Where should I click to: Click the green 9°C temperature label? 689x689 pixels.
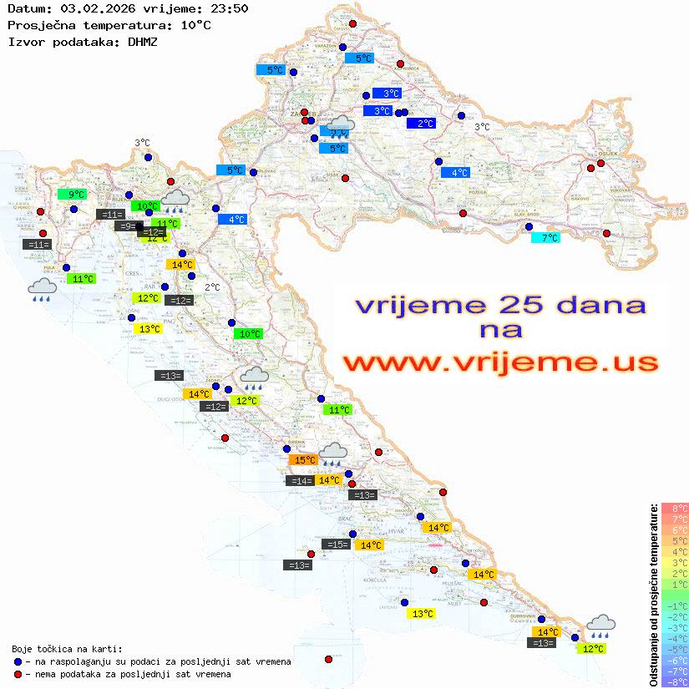click(72, 195)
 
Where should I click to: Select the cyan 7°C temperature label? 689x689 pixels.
click(546, 238)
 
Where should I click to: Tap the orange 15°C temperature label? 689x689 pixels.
click(303, 459)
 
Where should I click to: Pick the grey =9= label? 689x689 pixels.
click(126, 226)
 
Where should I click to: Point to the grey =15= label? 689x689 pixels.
click(336, 545)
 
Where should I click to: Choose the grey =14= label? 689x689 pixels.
click(300, 481)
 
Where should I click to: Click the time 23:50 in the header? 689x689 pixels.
click(229, 8)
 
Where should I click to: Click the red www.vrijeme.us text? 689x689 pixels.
click(500, 362)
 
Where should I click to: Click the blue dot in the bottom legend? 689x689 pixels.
click(18, 661)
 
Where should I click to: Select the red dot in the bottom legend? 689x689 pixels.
click(18, 674)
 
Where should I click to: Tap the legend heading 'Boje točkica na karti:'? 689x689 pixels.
click(67, 649)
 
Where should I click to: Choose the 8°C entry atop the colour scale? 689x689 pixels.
click(674, 508)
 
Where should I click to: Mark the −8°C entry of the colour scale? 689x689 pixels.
click(674, 682)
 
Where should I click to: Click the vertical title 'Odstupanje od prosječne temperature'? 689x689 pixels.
click(653, 595)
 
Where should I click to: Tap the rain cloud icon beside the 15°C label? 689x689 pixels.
click(333, 453)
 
